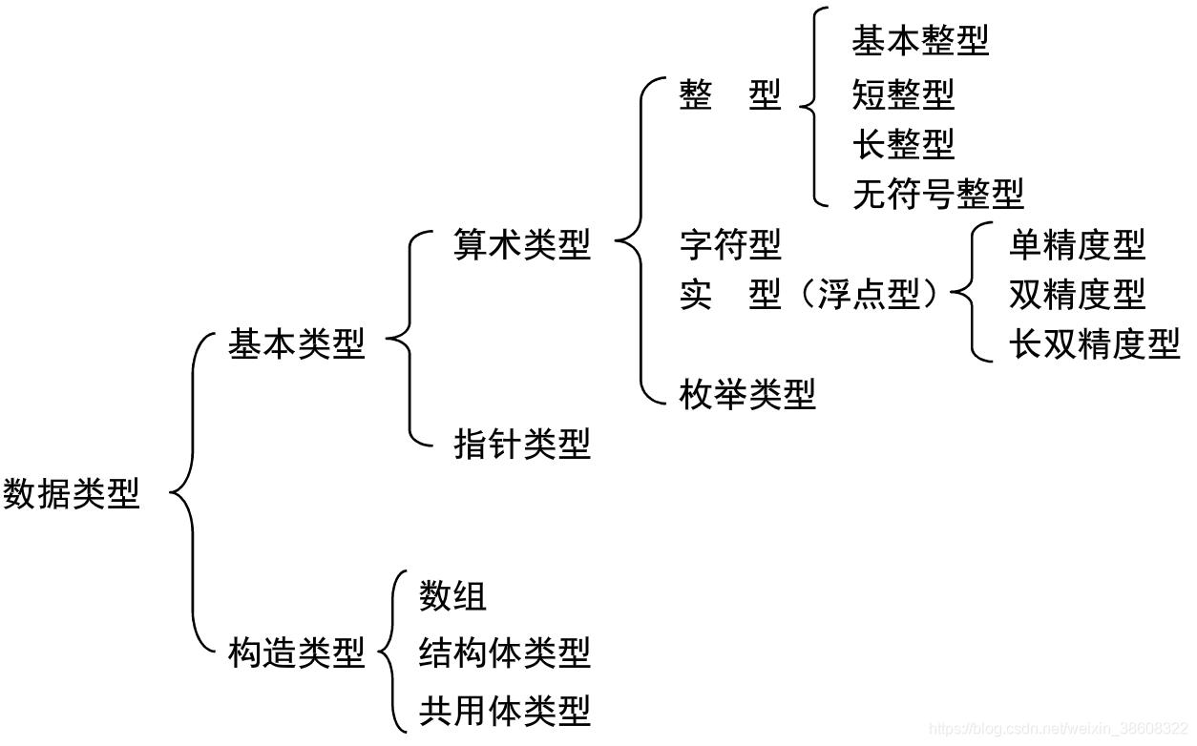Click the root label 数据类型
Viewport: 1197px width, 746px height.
pyautogui.click(x=72, y=494)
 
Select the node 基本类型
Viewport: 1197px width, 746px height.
pyautogui.click(x=296, y=344)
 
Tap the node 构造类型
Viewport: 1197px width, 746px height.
pyautogui.click(x=296, y=653)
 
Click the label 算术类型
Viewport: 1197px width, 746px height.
pyautogui.click(x=522, y=245)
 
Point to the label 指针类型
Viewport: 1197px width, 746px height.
pyautogui.click(x=522, y=444)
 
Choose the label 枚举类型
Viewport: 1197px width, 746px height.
pyautogui.click(x=747, y=393)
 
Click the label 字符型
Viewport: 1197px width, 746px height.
pyautogui.click(x=730, y=245)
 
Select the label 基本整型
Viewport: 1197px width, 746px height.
pyautogui.click(x=920, y=40)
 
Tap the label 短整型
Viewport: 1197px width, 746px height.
pyautogui.click(x=903, y=93)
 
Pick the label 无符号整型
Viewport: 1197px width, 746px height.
pyautogui.click(x=937, y=194)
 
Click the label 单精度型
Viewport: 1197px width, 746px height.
pyautogui.click(x=1077, y=245)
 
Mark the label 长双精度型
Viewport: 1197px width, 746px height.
pyautogui.click(x=1094, y=343)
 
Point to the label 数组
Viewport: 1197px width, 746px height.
pyautogui.click(x=452, y=596)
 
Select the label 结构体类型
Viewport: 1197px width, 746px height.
pyautogui.click(x=505, y=653)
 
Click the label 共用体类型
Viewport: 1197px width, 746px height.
pyautogui.click(x=505, y=711)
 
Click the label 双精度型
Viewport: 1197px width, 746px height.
pyautogui.click(x=1077, y=295)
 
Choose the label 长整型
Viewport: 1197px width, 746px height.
pyautogui.click(x=903, y=144)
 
